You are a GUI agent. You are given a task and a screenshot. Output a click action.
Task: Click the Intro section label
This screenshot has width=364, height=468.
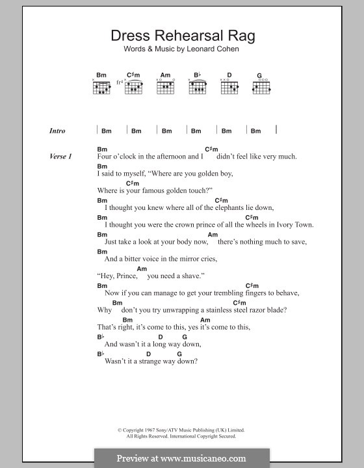click(58, 131)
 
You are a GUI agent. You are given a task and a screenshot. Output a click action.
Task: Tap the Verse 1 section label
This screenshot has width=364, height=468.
click(60, 157)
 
